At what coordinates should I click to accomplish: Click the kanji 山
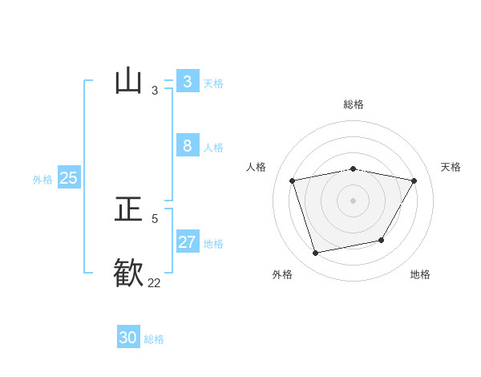pos(128,81)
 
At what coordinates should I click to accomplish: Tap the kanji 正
pos(128,209)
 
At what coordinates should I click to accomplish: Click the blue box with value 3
pos(188,81)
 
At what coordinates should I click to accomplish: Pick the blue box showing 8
pos(188,145)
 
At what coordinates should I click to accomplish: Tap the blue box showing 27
pos(188,241)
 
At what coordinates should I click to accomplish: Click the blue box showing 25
pos(69,177)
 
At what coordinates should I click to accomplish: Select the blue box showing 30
pos(128,338)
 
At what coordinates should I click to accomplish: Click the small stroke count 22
pos(154,282)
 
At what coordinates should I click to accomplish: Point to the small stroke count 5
pos(155,218)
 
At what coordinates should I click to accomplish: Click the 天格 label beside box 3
pos(213,83)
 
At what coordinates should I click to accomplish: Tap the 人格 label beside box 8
pos(213,148)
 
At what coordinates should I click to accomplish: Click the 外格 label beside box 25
pos(42,180)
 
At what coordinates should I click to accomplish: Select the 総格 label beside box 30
pos(154,339)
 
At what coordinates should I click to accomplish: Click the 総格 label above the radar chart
pos(354,104)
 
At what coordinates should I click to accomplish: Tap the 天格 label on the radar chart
pos(451,167)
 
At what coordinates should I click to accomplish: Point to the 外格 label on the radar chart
pos(282,274)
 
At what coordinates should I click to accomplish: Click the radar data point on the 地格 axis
pos(382,240)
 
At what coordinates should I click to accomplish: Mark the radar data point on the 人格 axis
pos(293,180)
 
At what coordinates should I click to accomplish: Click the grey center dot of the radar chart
pos(354,200)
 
